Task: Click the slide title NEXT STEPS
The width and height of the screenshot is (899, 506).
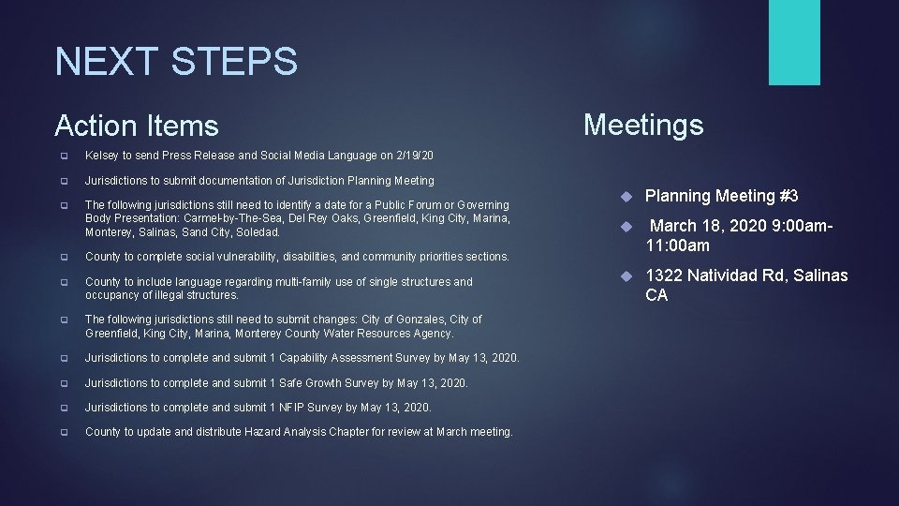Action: [x=176, y=62]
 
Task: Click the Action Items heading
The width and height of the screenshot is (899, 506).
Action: [x=137, y=126]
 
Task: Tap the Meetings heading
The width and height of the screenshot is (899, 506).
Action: [x=643, y=124]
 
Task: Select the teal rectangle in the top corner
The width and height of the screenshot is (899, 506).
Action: [x=794, y=42]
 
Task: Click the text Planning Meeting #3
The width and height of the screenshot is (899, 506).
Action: [x=722, y=196]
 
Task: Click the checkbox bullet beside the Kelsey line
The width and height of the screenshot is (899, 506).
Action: [x=63, y=156]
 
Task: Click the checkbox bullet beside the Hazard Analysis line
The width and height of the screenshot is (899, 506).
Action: [x=63, y=433]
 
